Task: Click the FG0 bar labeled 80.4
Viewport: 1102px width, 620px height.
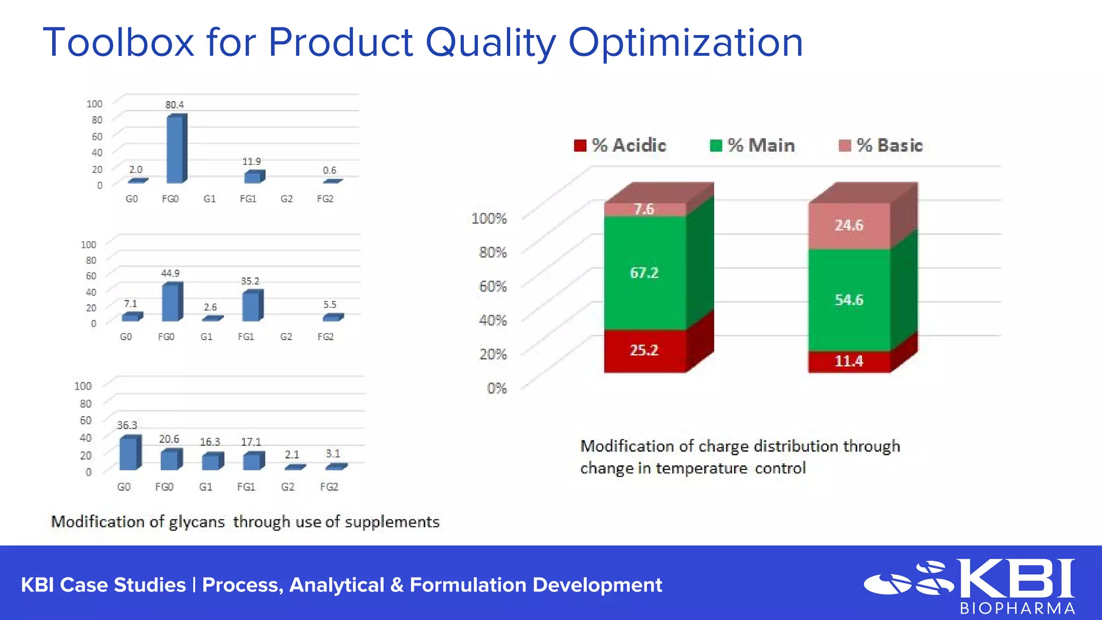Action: [175, 150]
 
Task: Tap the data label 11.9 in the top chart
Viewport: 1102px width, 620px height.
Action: [251, 161]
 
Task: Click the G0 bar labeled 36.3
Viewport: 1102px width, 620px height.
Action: [129, 453]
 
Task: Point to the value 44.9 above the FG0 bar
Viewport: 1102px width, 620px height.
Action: [170, 273]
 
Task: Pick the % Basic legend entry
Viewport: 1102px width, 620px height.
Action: [881, 145]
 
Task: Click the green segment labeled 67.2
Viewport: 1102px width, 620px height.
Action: [645, 273]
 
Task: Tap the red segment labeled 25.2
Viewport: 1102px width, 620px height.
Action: [645, 350]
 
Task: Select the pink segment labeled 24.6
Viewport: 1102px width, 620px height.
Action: [849, 226]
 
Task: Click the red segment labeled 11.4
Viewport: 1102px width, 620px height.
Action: [849, 361]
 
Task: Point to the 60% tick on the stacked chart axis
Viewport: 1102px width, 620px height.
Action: [493, 286]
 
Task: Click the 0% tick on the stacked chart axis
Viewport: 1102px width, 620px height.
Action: [497, 388]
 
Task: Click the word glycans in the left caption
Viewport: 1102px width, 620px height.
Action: [196, 522]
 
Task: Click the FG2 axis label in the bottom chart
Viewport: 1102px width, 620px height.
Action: [329, 487]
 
